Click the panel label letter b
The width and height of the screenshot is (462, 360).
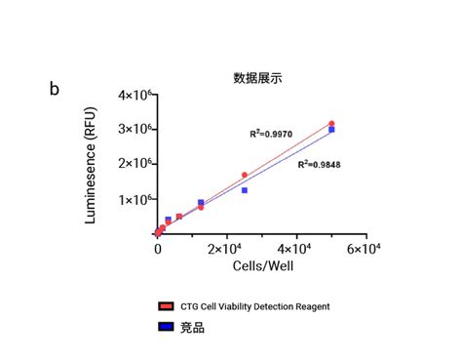[55, 89]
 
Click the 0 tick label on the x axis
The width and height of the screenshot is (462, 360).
[158, 250]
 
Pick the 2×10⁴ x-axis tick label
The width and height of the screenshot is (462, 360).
[226, 250]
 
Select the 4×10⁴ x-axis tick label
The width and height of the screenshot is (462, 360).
[296, 250]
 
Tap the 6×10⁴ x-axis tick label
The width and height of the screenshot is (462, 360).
[366, 250]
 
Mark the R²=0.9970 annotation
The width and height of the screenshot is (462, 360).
[273, 133]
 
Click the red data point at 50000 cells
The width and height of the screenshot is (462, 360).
[331, 124]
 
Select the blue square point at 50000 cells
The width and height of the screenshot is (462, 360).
[331, 130]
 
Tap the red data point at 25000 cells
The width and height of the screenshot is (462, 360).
[245, 176]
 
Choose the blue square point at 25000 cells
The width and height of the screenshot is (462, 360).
[245, 190]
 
